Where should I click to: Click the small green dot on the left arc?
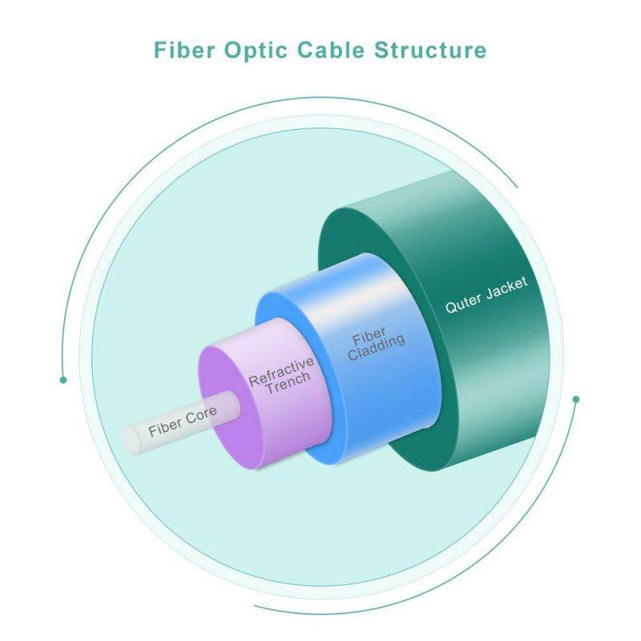coord(63,380)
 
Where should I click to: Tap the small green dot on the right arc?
coord(575,399)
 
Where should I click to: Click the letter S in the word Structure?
coord(381,50)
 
